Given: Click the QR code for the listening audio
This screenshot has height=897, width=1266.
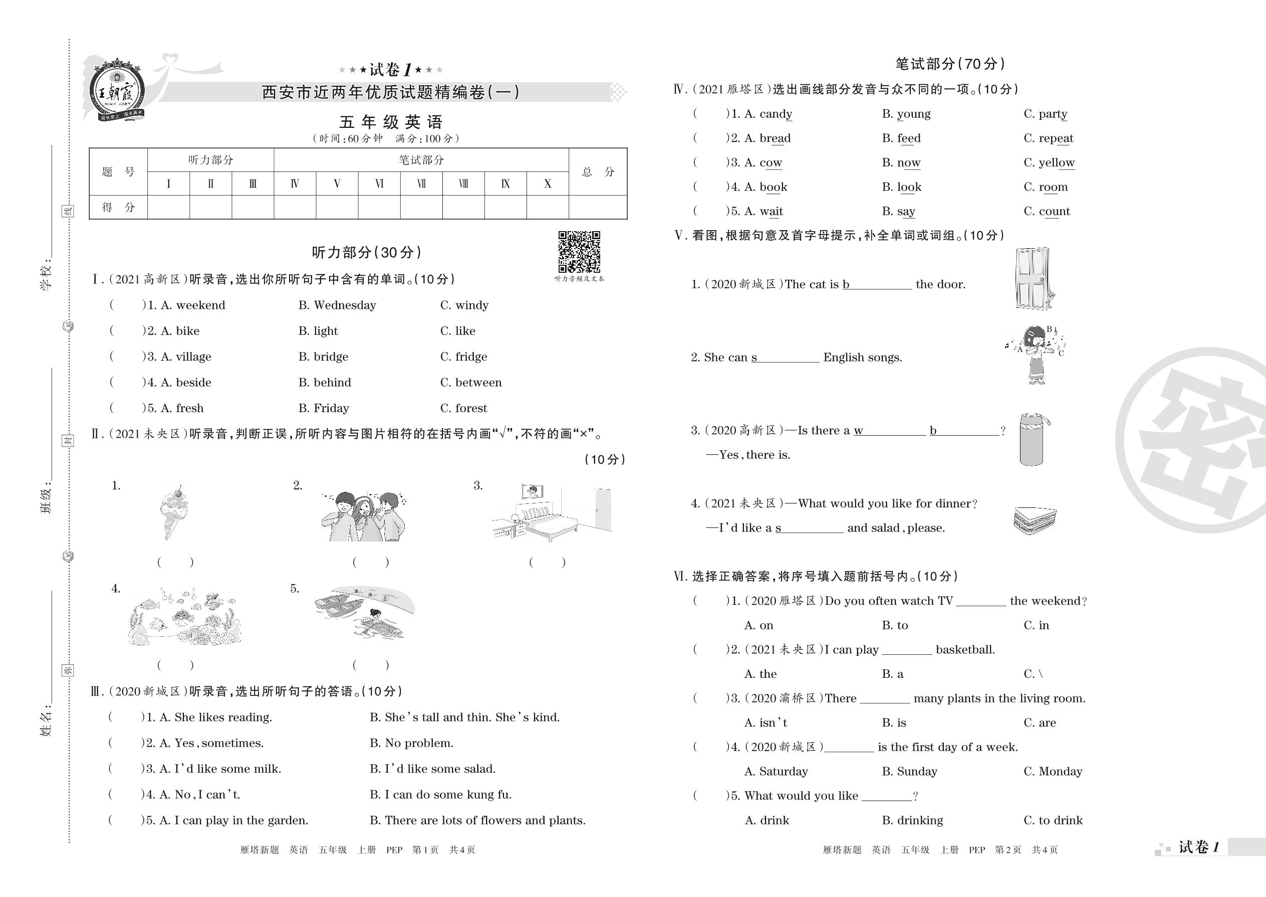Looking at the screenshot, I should click(579, 252).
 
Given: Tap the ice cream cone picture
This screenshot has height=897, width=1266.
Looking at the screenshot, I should click(173, 512).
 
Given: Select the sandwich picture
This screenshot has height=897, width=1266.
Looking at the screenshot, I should click(1035, 521).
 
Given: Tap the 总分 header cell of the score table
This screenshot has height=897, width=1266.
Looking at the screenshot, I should click(598, 172).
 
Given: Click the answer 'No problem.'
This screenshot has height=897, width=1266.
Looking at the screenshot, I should click(419, 744).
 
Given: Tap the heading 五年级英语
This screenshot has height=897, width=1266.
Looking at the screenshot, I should click(390, 122).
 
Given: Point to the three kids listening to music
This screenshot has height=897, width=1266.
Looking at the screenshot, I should click(363, 516).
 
